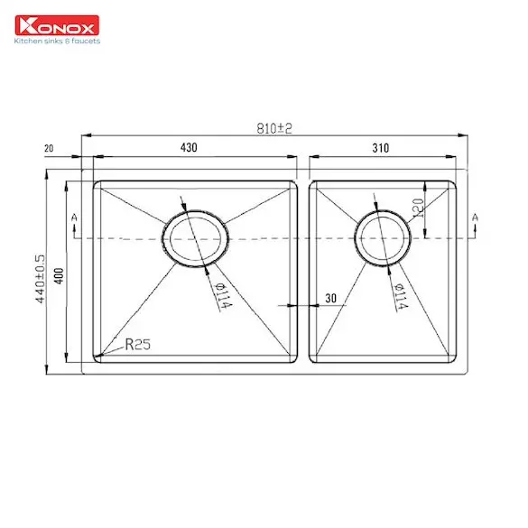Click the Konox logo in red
tap(57, 25)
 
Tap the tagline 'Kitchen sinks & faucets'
tap(57, 42)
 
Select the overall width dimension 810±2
tap(274, 128)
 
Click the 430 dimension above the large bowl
tap(189, 147)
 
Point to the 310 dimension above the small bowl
tap(381, 148)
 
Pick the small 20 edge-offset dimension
tap(49, 148)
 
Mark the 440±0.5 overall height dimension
tap(40, 279)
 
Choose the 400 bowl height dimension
tap(59, 276)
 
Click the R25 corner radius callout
tap(138, 344)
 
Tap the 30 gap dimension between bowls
tap(330, 298)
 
